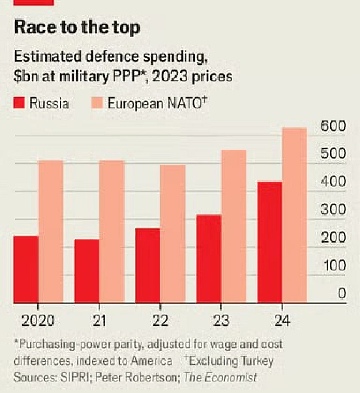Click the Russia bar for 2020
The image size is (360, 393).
coord(26,269)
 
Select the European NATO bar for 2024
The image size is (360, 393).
coord(295,215)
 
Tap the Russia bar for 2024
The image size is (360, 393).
coord(270,242)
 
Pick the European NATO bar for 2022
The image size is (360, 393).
coord(173,233)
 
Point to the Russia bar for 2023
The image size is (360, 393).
coord(209,259)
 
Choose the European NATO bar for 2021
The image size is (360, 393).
coord(112,232)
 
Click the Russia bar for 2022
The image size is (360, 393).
coord(148,266)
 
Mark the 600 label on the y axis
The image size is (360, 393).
coord(333,126)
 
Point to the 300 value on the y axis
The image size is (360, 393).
coord(333,209)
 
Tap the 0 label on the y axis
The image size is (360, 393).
coord(342,293)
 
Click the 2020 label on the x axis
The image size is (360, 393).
coord(38,320)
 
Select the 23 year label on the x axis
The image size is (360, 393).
coord(222,320)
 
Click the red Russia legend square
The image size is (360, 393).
coord(19,103)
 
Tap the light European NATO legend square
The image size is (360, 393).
coord(97,103)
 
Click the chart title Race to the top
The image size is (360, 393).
coord(77,27)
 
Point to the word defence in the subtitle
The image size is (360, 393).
coord(112,56)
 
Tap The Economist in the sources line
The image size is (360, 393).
coord(220,377)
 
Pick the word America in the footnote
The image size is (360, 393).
coord(152,361)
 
